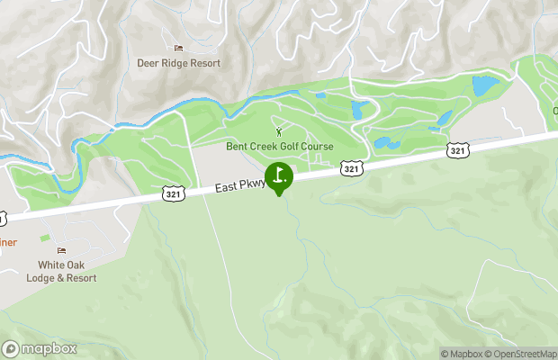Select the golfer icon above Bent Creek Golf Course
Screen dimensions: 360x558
click(277, 132)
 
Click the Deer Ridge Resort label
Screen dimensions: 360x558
click(178, 64)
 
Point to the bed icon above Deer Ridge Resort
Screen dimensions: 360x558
click(178, 49)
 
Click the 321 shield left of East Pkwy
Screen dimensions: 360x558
click(175, 193)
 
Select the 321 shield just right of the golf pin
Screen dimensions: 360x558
click(352, 168)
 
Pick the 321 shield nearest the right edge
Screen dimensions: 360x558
click(458, 151)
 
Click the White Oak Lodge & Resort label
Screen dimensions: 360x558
click(67, 272)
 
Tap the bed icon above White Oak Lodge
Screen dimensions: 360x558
click(62, 250)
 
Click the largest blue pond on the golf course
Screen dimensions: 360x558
click(485, 86)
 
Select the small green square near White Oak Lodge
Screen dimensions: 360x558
click(45, 238)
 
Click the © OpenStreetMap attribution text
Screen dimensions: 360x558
click(524, 354)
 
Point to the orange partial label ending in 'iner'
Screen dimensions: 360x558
click(8, 242)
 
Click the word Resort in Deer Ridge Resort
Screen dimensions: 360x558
click(202, 64)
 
